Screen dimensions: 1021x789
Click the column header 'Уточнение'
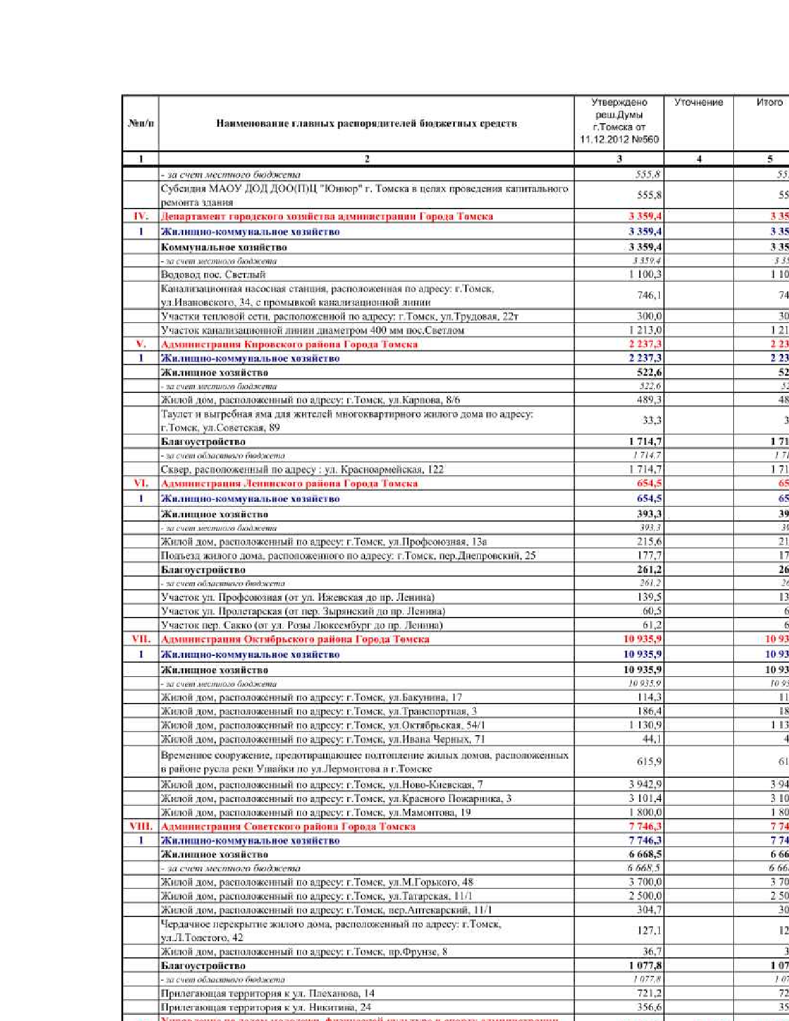click(x=698, y=102)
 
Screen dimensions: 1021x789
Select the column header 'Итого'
click(x=769, y=102)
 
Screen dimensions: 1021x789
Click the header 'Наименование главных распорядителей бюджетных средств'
click(x=366, y=123)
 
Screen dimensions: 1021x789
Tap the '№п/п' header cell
click(x=140, y=123)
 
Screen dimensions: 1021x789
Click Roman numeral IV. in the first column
click(x=140, y=216)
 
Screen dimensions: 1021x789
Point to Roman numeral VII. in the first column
click(x=140, y=639)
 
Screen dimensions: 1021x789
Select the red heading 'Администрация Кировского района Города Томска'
click(x=289, y=344)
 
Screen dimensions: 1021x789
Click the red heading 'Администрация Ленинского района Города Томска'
click(x=289, y=483)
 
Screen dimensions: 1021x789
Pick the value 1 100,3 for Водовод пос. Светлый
click(x=645, y=274)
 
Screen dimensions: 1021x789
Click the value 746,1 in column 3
click(x=649, y=295)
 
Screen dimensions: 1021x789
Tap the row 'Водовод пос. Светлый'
click(x=213, y=274)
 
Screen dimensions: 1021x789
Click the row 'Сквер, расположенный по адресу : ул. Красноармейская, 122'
click(x=302, y=469)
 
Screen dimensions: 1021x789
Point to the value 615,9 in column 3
click(x=649, y=762)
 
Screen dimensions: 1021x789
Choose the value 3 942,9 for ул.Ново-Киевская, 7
click(x=645, y=784)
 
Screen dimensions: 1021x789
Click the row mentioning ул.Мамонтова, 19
click(x=316, y=812)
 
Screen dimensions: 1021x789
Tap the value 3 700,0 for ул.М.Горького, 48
click(x=645, y=882)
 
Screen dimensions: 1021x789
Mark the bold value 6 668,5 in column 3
click(x=644, y=854)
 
